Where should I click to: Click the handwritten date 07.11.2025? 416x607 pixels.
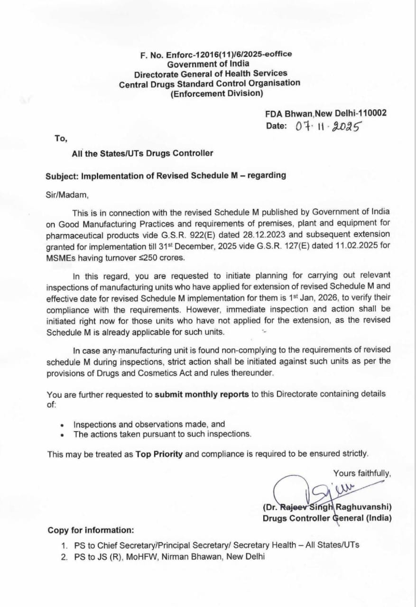328,127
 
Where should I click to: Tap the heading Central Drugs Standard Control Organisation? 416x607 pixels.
209,83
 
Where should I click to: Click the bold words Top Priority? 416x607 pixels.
159,454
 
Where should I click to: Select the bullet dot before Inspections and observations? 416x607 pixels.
62,425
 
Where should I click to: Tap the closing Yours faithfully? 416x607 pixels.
362,473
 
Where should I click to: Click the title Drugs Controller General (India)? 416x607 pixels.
327,518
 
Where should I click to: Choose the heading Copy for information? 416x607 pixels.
91,530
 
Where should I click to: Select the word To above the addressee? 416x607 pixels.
61,138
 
